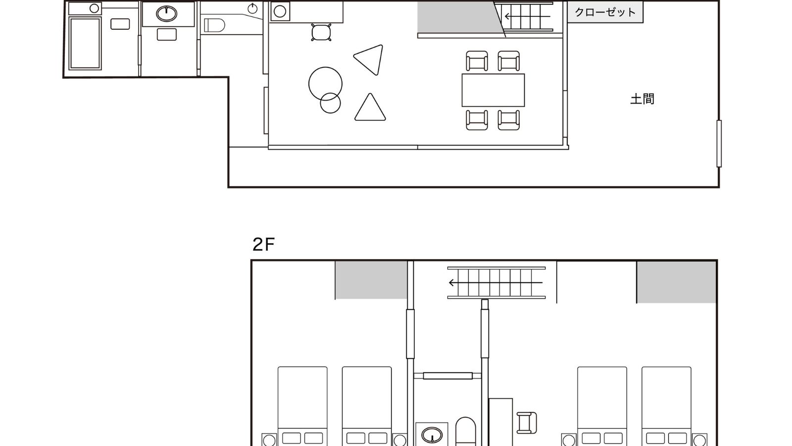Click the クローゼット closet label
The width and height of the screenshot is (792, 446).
tap(605, 12)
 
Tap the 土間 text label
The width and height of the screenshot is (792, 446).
tap(642, 99)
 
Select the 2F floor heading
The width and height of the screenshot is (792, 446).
tap(263, 244)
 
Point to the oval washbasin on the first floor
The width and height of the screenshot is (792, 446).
tap(166, 14)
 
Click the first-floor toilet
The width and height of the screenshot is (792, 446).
tap(214, 25)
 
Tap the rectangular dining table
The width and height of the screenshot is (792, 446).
tap(493, 90)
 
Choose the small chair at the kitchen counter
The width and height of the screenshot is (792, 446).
tap(321, 33)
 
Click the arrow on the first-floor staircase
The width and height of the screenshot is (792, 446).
tap(527, 16)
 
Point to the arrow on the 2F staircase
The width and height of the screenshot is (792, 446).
tap(495, 282)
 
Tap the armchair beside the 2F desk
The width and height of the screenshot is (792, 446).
tap(527, 423)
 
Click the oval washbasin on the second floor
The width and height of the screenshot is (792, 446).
tap(432, 435)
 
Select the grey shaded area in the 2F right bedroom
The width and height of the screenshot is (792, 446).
tap(676, 282)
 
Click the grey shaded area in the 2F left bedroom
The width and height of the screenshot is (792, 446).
tap(371, 280)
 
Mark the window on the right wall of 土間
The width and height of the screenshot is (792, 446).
tap(719, 143)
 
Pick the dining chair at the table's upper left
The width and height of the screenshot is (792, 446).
tap(477, 61)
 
